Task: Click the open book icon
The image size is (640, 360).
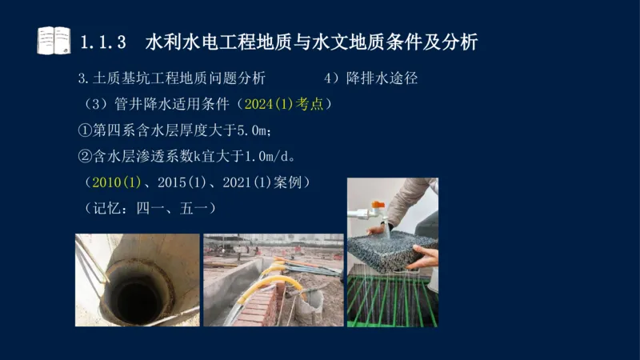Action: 54,40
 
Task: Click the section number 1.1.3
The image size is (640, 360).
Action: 104,42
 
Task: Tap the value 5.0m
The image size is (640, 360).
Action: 254,130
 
